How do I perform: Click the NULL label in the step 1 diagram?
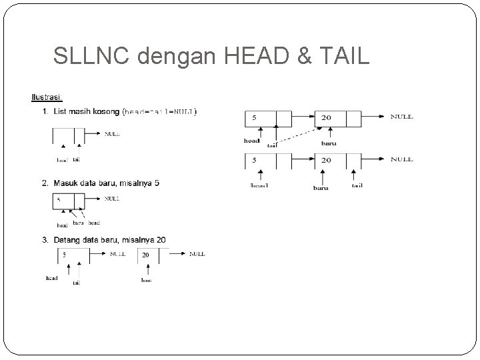(112, 133)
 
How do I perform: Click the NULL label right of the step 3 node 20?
(197, 254)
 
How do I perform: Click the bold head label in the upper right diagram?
(251, 141)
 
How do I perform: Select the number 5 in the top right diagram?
(254, 117)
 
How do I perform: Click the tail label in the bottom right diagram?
(357, 186)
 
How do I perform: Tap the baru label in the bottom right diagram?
(321, 187)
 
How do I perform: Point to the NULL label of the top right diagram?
(401, 117)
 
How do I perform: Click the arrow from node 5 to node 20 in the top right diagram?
(302, 117)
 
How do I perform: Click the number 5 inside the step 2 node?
(59, 199)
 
